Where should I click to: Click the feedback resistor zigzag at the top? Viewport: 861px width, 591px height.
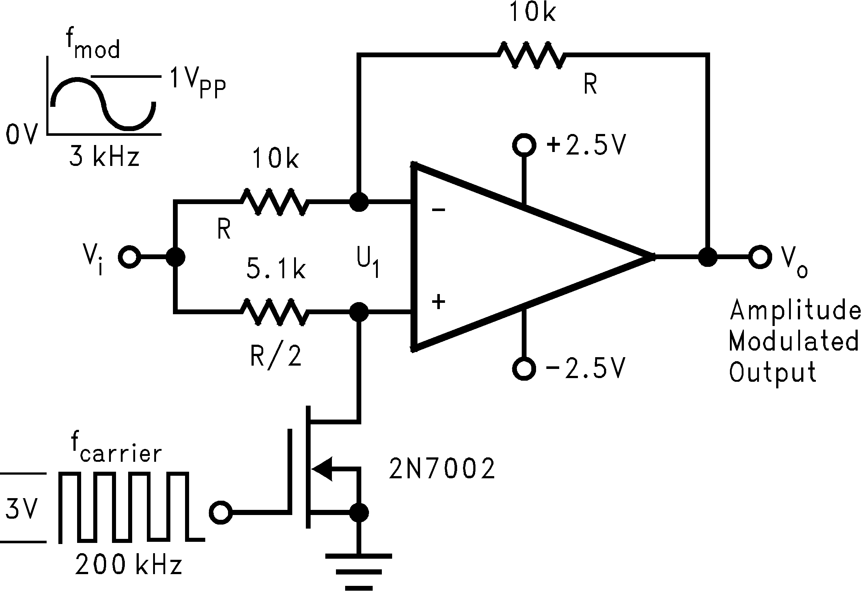click(x=532, y=55)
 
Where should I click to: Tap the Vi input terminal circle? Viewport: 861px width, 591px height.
click(x=129, y=257)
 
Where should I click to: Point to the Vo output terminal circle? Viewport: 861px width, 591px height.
click(x=760, y=257)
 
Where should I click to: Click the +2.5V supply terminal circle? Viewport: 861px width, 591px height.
click(x=524, y=145)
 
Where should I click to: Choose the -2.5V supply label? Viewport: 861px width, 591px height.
click(x=586, y=369)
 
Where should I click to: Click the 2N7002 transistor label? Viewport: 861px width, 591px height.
click(x=442, y=469)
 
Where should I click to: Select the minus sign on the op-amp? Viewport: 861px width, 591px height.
click(x=439, y=210)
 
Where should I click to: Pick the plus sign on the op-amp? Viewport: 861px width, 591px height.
click(x=439, y=302)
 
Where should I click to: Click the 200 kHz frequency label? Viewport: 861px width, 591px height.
click(x=129, y=565)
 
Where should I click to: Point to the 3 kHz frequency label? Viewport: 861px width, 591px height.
click(x=105, y=157)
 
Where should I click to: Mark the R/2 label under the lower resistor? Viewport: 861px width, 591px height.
click(x=276, y=356)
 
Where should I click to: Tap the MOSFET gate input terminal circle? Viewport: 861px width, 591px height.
click(x=221, y=513)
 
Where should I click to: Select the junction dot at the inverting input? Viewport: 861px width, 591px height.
click(x=359, y=202)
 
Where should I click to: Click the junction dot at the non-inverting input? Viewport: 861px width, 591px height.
click(x=359, y=312)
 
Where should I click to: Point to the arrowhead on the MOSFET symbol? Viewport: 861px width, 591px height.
click(x=321, y=469)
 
